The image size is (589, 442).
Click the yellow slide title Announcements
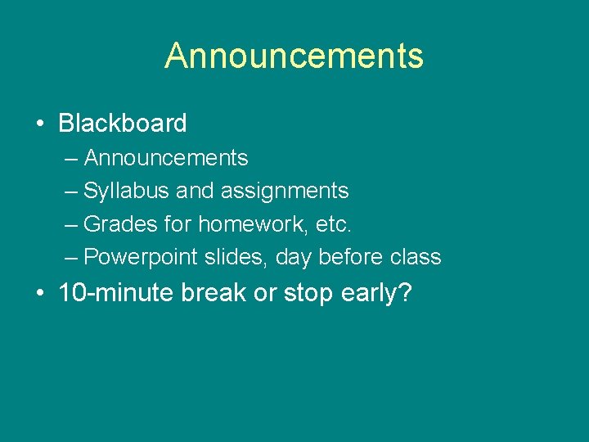click(294, 56)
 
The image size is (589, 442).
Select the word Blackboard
click(123, 124)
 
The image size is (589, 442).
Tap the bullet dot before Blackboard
click(39, 124)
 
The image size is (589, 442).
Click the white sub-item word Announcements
click(166, 157)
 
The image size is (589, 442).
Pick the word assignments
click(285, 191)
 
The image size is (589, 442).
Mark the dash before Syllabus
click(71, 192)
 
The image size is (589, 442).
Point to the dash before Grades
click(71, 224)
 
